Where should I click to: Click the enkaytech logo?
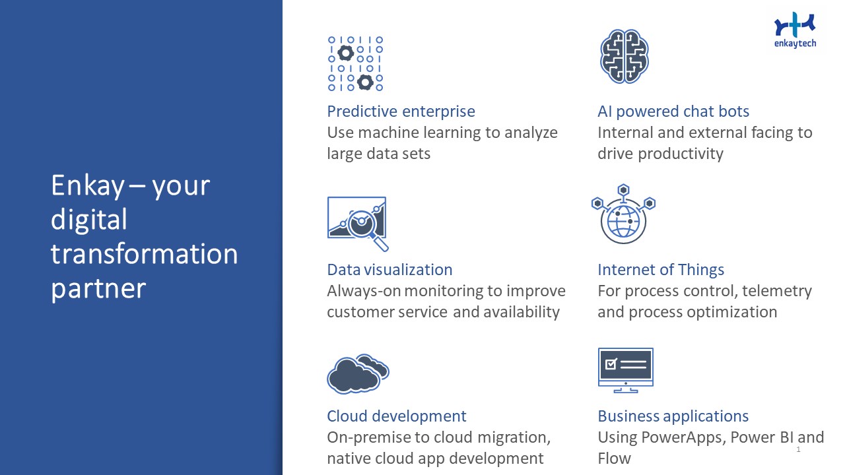[x=795, y=30]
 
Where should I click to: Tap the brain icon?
[x=624, y=56]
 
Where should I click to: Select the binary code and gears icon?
[x=355, y=64]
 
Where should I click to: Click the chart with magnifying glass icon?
[x=358, y=224]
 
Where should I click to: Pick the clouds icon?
[x=358, y=373]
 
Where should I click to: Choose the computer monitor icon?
[x=625, y=370]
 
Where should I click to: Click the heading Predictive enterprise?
[x=401, y=111]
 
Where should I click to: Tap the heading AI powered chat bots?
[x=673, y=111]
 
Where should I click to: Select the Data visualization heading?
[x=389, y=270]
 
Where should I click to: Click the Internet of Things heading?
[x=661, y=270]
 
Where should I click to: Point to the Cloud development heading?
[x=397, y=416]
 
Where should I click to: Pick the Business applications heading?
[x=673, y=416]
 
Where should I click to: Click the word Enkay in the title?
[x=88, y=186]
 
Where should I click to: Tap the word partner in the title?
[x=98, y=290]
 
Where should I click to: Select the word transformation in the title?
[x=145, y=254]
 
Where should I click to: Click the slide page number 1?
[x=798, y=449]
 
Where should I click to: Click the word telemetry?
[x=777, y=291]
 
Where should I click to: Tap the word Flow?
[x=614, y=459]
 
